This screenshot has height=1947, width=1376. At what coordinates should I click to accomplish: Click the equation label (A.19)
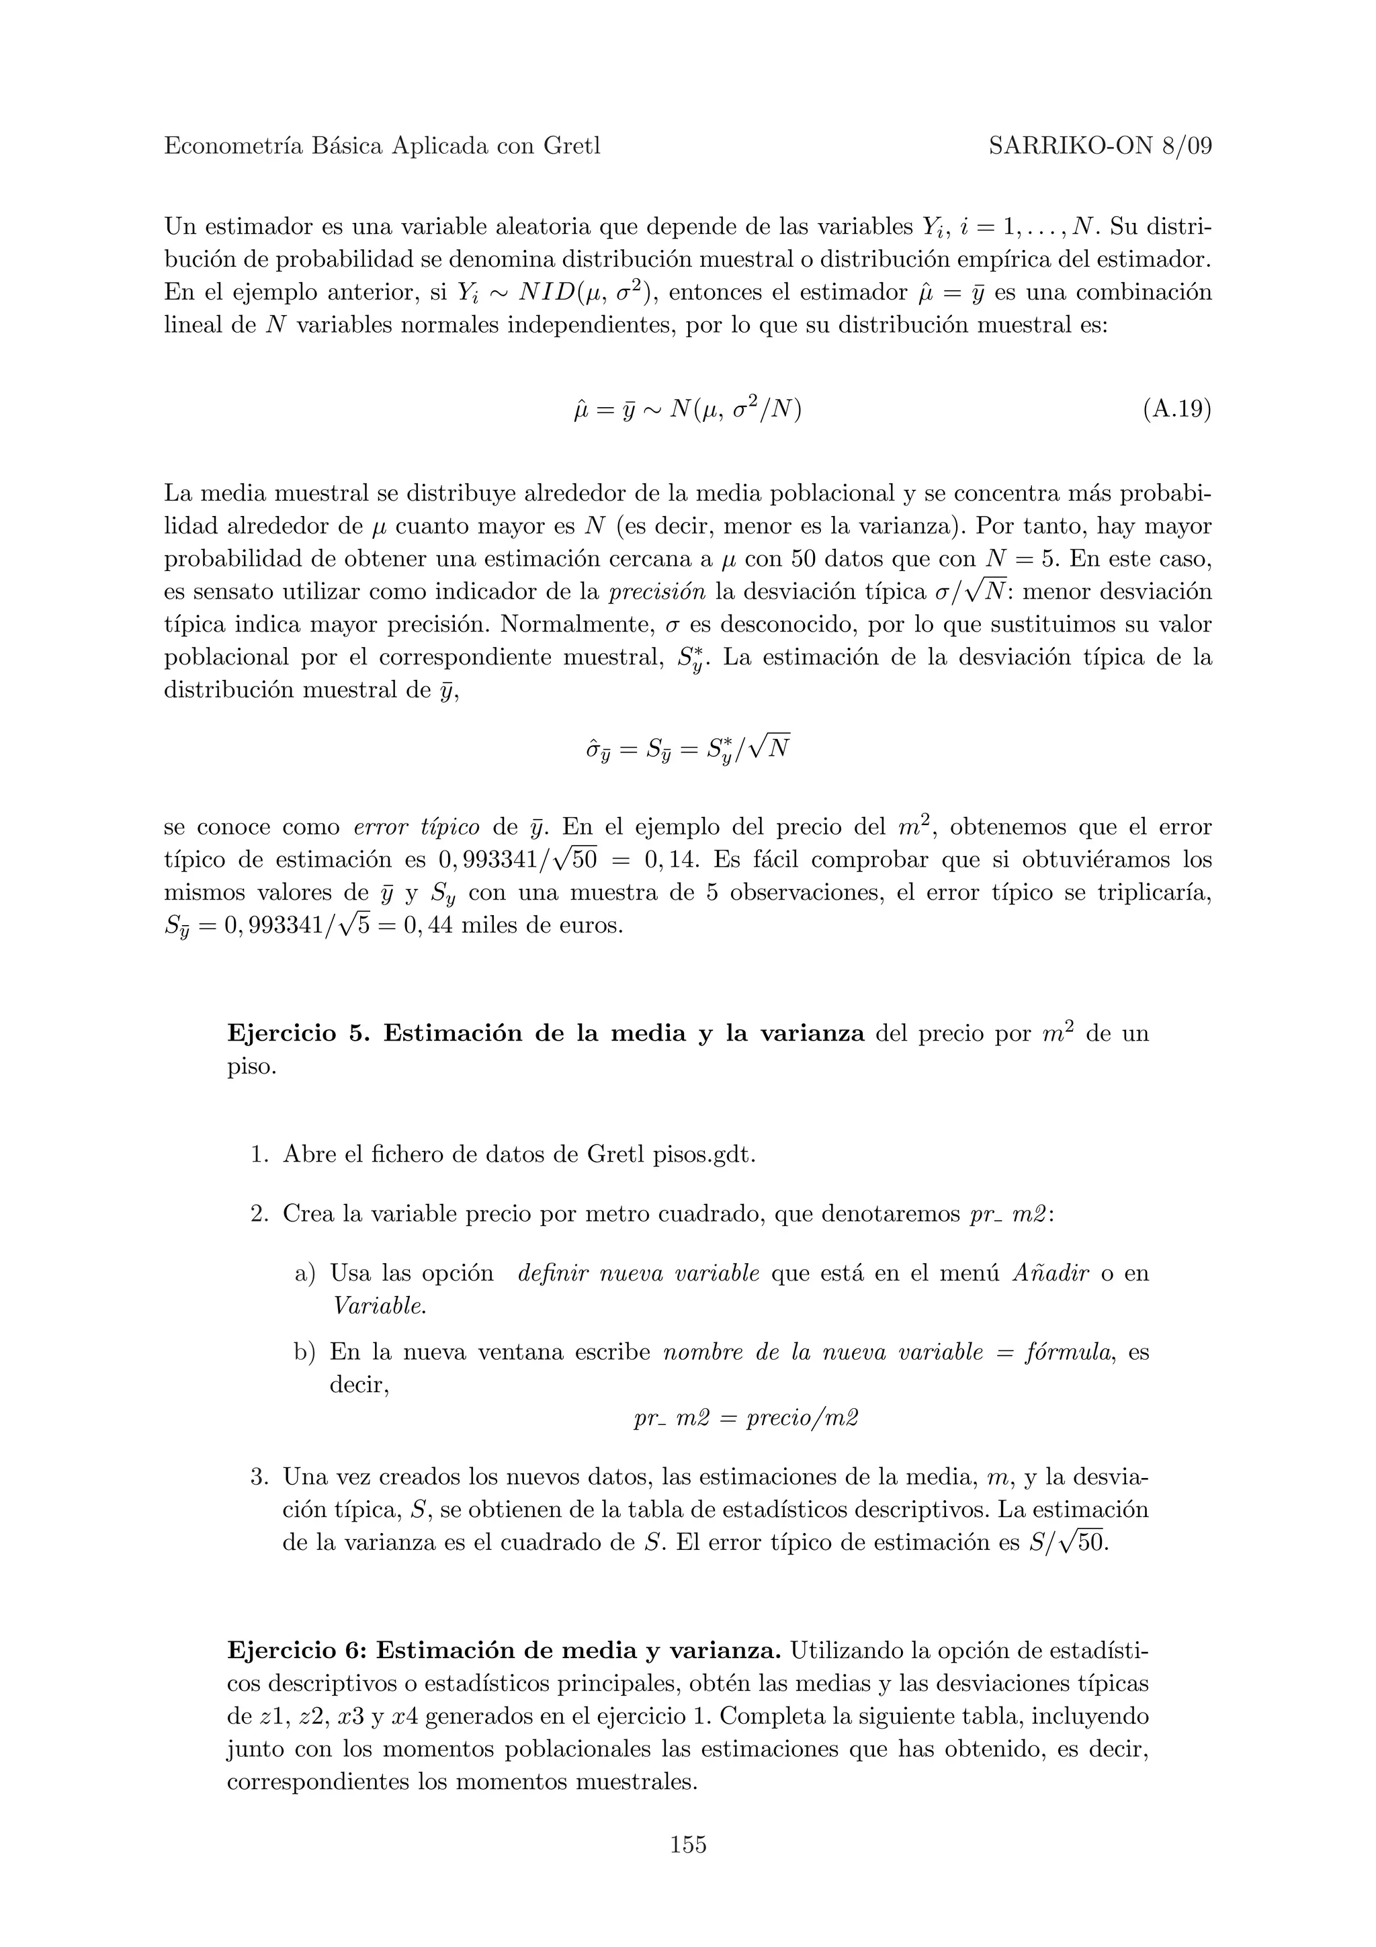pos(1176,410)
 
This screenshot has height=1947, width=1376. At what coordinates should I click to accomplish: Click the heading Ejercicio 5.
pos(298,1034)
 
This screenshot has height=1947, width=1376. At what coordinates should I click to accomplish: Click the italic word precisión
pos(657,592)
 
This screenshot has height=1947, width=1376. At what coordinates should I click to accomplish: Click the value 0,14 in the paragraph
pos(671,860)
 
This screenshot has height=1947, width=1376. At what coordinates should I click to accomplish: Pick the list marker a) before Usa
pos(305,1274)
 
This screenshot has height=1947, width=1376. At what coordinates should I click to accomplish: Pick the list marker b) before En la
pos(305,1352)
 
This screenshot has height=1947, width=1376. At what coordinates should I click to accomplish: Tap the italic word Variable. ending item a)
pos(378,1307)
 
